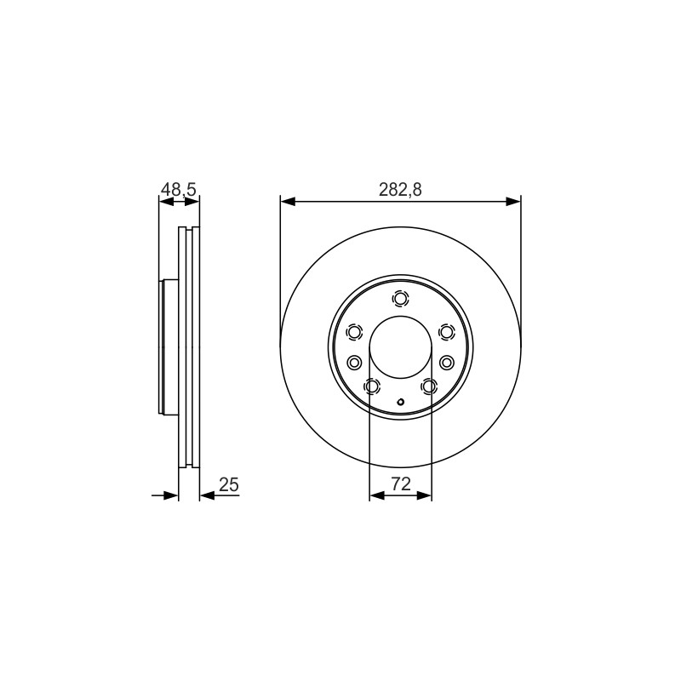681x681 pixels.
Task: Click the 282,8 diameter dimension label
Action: click(x=400, y=190)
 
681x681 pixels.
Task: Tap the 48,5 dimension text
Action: click(x=179, y=190)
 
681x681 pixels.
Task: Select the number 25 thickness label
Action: click(x=229, y=484)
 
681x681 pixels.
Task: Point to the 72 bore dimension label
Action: click(x=401, y=484)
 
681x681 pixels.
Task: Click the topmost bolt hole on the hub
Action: click(x=400, y=299)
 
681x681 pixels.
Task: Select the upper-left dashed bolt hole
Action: click(x=354, y=332)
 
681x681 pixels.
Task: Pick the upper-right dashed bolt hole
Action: click(x=446, y=332)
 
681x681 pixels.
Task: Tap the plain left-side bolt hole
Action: click(x=354, y=362)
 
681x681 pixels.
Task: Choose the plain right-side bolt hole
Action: click(x=446, y=362)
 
